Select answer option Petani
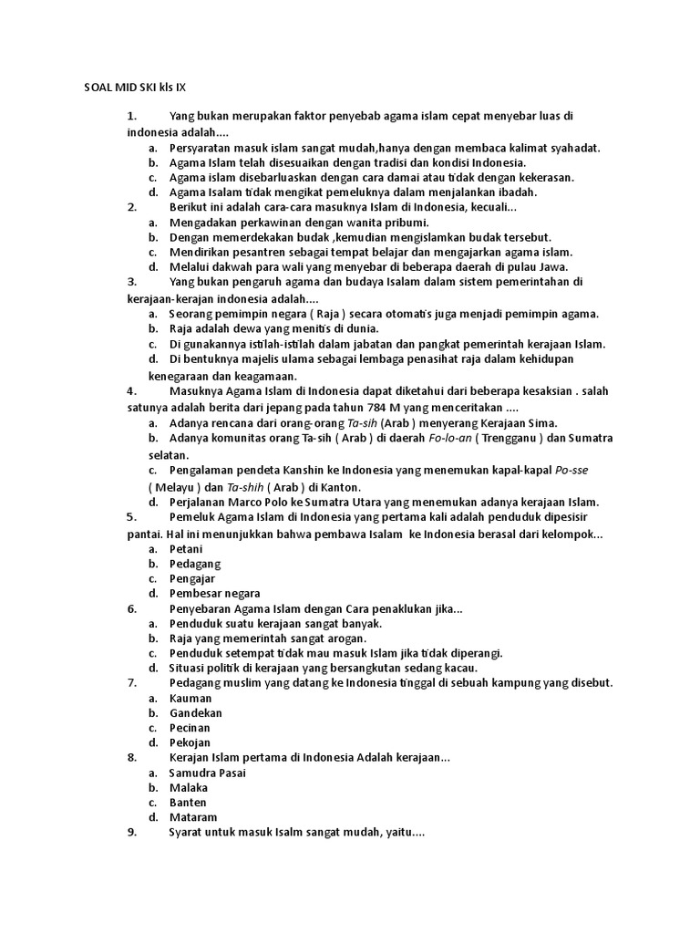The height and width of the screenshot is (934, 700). pyautogui.click(x=186, y=549)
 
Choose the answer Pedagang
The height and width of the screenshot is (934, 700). pyautogui.click(x=195, y=564)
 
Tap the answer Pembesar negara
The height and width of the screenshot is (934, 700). pyautogui.click(x=214, y=593)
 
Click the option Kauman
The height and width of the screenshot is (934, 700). pyautogui.click(x=190, y=698)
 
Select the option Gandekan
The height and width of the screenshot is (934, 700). pyautogui.click(x=195, y=712)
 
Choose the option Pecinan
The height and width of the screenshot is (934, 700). pyautogui.click(x=190, y=728)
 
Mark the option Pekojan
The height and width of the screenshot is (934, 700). pyautogui.click(x=190, y=742)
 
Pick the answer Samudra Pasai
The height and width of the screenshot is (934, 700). pyautogui.click(x=208, y=773)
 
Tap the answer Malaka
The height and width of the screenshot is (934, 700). pyautogui.click(x=189, y=787)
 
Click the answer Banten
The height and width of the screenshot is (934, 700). pyautogui.click(x=188, y=803)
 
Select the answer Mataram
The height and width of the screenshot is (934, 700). pyautogui.click(x=193, y=817)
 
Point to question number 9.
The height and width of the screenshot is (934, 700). pyautogui.click(x=131, y=832)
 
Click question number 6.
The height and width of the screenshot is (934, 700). pyautogui.click(x=131, y=608)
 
